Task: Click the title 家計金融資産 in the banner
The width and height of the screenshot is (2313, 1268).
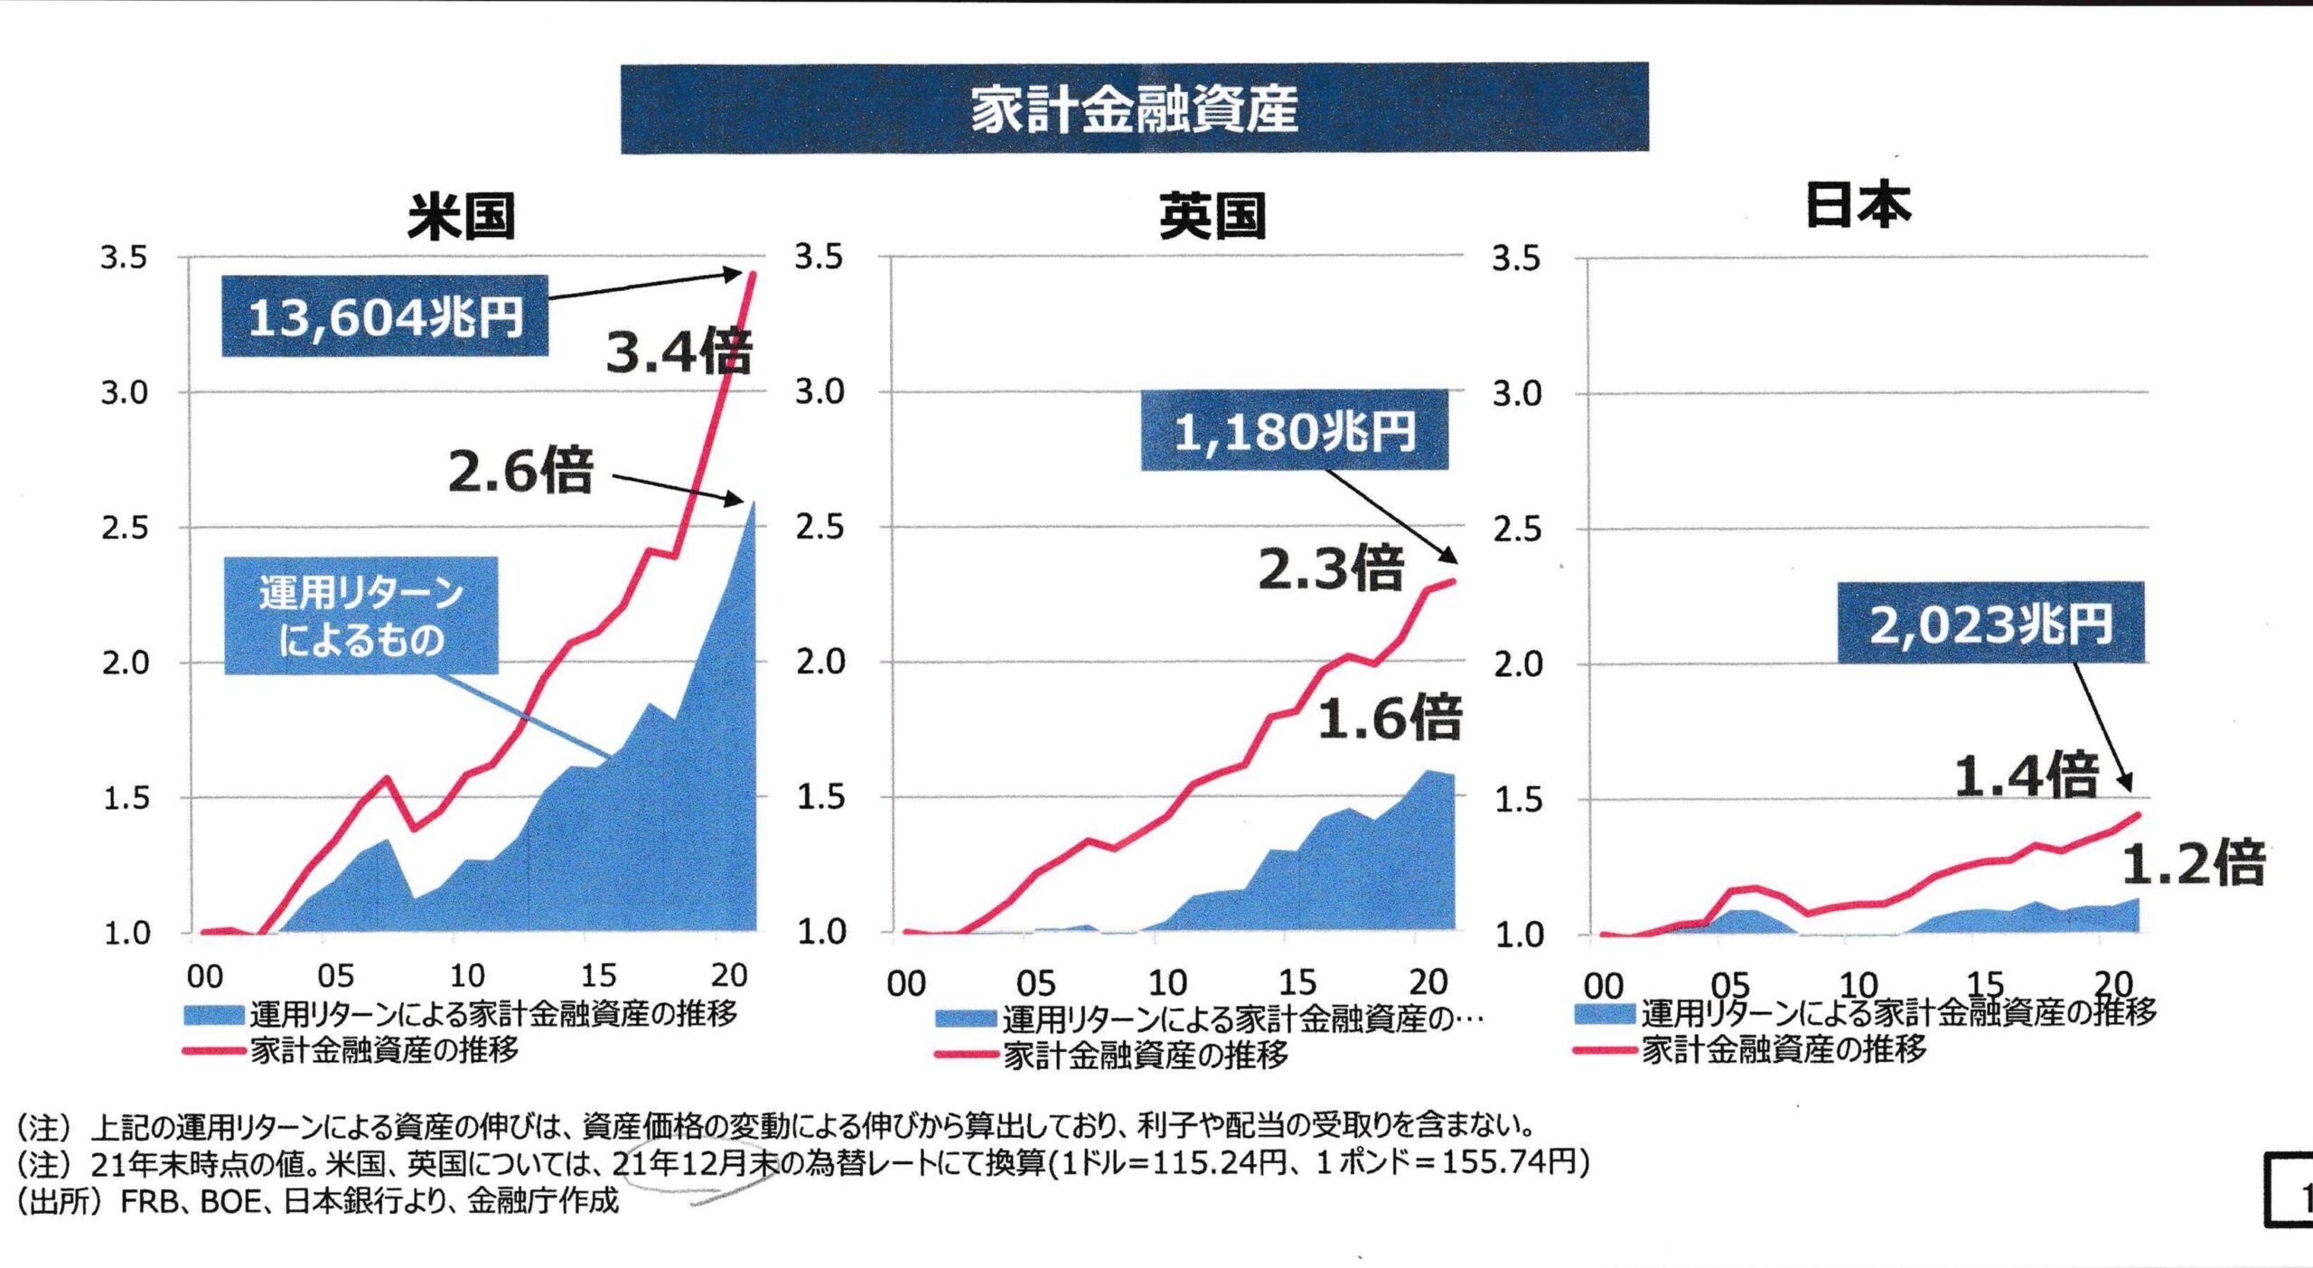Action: [x=1134, y=108]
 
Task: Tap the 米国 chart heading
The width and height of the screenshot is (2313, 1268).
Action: [x=461, y=217]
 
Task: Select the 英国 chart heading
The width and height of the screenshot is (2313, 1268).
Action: [x=1213, y=217]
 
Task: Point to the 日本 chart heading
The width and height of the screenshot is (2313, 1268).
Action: [x=1858, y=206]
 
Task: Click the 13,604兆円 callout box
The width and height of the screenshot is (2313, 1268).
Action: [x=385, y=316]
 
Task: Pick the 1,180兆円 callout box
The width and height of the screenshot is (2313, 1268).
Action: [x=1294, y=430]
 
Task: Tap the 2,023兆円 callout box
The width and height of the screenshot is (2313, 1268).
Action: [x=1990, y=623]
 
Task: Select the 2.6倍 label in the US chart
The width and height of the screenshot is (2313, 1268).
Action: [x=520, y=471]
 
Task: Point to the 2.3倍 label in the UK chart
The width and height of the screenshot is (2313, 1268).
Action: [x=1331, y=569]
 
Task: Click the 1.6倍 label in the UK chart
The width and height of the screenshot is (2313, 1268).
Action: [x=1390, y=719]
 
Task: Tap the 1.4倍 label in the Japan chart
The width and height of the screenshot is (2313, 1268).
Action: [x=2026, y=775]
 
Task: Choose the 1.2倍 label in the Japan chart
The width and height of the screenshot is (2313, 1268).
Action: [x=2193, y=862]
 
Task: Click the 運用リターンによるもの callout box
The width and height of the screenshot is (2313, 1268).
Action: [x=361, y=615]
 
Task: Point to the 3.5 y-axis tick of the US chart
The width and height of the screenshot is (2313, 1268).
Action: [x=124, y=258]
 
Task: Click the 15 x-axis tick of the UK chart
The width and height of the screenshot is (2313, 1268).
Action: [x=1297, y=982]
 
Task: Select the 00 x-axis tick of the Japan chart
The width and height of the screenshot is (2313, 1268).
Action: [x=1604, y=985]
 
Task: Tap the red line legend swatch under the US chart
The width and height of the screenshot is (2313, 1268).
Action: [x=214, y=1051]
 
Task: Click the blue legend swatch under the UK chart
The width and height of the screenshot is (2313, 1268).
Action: [x=966, y=1019]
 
